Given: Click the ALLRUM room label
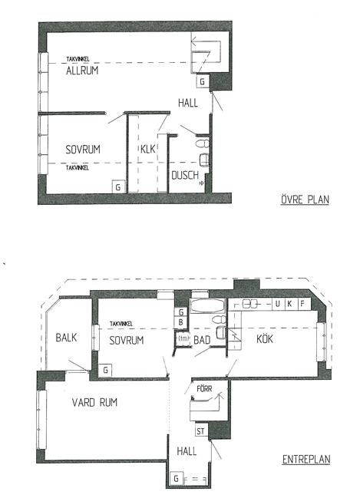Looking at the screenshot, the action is click(82, 70).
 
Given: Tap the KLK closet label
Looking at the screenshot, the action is click(147, 149).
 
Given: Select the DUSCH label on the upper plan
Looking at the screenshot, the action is click(185, 175).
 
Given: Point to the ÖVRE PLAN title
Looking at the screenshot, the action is click(305, 200).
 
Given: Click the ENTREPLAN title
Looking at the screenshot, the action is click(306, 460).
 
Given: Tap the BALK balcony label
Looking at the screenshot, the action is click(66, 338).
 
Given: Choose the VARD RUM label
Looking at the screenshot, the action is click(94, 402).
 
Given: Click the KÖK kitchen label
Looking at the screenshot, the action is click(264, 339).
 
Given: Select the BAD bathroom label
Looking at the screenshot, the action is click(202, 340).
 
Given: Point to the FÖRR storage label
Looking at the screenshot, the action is click(204, 388).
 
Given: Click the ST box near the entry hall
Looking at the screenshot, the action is click(201, 431).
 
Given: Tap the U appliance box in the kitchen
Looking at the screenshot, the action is click(278, 304).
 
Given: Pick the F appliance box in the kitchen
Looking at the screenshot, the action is click(302, 304).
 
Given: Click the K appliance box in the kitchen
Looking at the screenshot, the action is click(290, 304).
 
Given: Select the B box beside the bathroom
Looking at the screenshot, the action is click(181, 322).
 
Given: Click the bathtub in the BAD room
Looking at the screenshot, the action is click(208, 306).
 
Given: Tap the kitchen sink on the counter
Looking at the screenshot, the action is click(249, 304).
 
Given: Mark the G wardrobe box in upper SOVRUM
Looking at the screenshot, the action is click(118, 186).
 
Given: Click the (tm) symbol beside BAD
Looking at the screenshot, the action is click(183, 338).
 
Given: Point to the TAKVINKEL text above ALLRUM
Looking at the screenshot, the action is click(78, 59).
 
